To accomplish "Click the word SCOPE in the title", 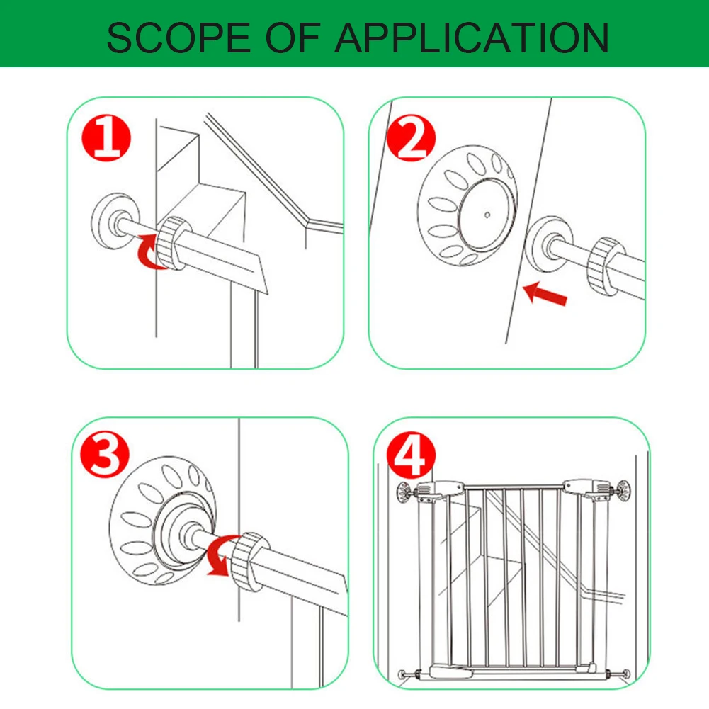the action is (x=178, y=38).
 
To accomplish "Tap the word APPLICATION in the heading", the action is (x=472, y=38).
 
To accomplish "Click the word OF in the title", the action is (x=293, y=38).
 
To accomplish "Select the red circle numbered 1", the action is (x=106, y=137).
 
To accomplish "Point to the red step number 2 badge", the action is (x=411, y=137).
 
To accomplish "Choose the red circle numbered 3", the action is (x=104, y=453).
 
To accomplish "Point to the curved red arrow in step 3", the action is (x=220, y=556).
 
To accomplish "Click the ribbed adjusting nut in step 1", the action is (x=171, y=243).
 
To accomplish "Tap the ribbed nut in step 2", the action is (x=604, y=266).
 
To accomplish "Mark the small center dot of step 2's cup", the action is (x=487, y=215).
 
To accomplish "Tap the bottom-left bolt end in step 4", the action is (x=402, y=674).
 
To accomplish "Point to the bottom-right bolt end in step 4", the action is (x=625, y=674).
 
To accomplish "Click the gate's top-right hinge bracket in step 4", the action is (x=586, y=489).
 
